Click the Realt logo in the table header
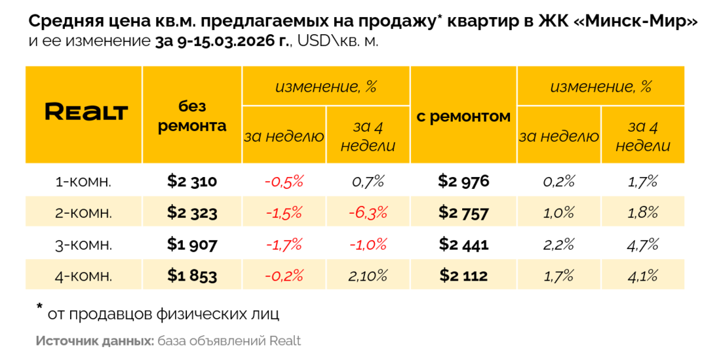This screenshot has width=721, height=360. tap(85, 112)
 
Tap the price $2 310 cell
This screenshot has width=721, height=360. tap(192, 181)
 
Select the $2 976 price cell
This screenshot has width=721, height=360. tap(463, 181)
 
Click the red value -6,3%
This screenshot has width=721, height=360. tap(368, 212)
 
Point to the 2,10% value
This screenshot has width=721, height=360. tap(368, 276)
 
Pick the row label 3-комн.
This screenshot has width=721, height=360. tap(83, 245)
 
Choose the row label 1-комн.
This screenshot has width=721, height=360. tap(83, 182)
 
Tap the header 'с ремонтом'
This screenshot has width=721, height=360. tap(463, 117)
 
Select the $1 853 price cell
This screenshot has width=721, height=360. tap(192, 276)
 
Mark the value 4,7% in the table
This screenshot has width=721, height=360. tap(642, 245)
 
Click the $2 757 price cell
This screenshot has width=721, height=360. tap(463, 212)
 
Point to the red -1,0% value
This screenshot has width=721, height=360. tap(368, 245)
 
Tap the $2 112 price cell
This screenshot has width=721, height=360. tap(463, 276)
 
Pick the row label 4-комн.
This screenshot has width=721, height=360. tap(83, 276)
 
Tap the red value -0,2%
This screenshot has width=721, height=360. tap(284, 276)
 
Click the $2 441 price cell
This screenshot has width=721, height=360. tap(463, 245)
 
